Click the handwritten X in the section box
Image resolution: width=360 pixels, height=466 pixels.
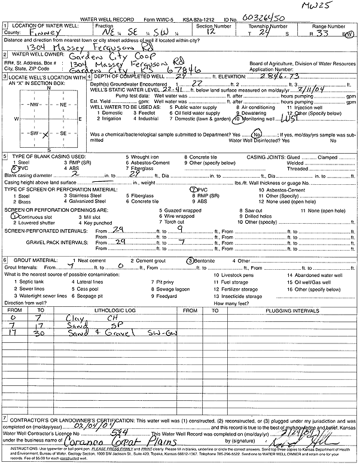pyautogui.click(x=44, y=135)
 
